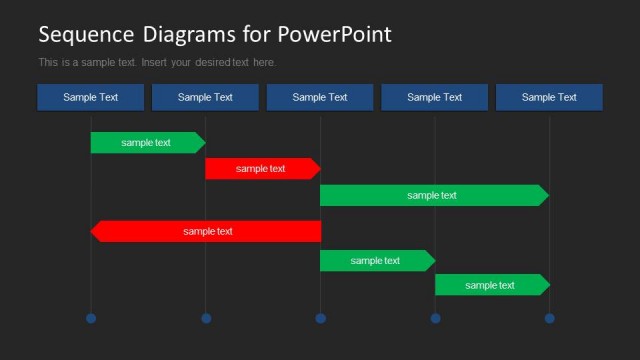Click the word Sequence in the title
click(x=85, y=35)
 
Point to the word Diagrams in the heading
click(x=187, y=35)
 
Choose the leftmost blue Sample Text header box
click(x=91, y=97)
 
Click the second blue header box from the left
click(x=205, y=97)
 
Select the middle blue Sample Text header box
click(x=320, y=97)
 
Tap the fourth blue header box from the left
click(x=434, y=97)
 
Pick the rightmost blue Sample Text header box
click(x=549, y=97)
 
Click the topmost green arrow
click(x=146, y=143)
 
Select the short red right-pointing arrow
click(x=261, y=169)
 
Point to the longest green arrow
click(x=432, y=196)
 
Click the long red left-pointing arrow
click(x=208, y=232)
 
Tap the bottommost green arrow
click(x=490, y=285)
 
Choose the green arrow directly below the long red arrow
click(x=375, y=261)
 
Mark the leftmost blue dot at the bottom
click(x=91, y=318)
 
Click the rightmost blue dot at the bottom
click(x=549, y=318)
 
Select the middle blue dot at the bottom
click(x=320, y=318)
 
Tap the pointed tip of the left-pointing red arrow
click(x=93, y=232)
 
